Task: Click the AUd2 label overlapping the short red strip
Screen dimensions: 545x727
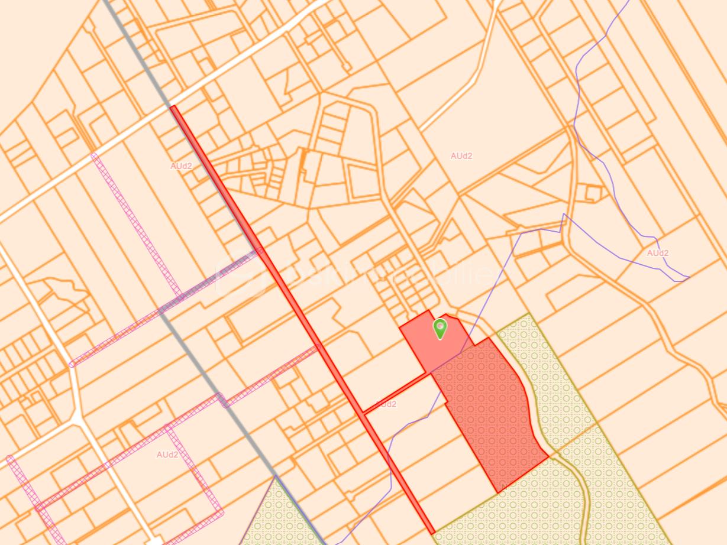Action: point(386,404)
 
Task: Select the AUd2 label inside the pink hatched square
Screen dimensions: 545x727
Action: point(167,455)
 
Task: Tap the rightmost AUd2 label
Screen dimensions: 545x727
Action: point(657,253)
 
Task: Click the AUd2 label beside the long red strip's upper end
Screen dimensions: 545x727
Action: point(181,166)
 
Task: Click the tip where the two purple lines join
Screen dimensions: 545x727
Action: point(688,278)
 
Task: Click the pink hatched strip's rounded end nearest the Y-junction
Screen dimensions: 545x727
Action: point(73,364)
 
